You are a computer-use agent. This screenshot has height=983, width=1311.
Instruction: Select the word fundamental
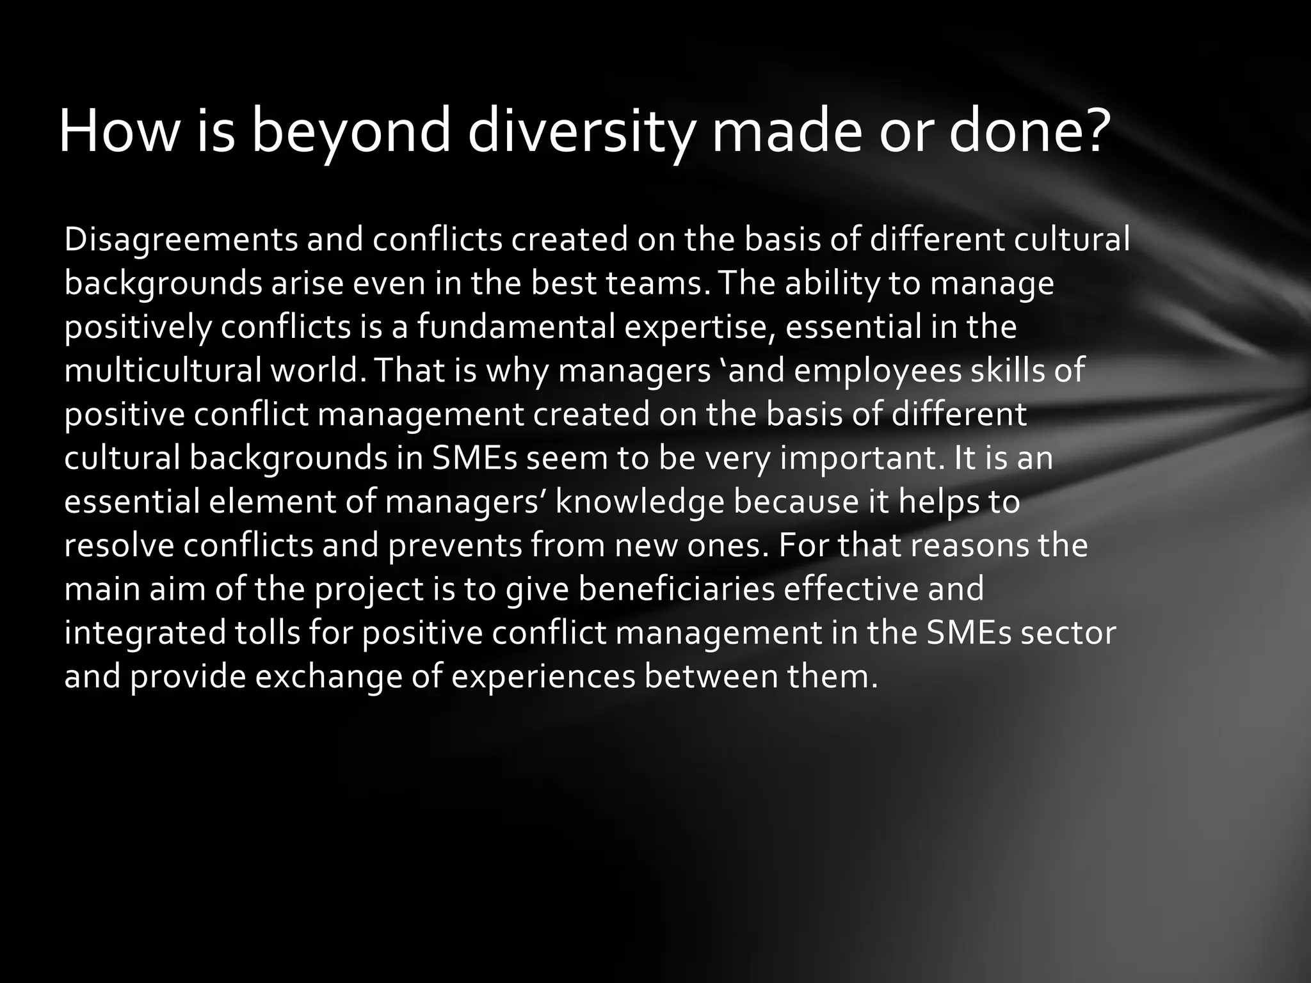[x=516, y=327]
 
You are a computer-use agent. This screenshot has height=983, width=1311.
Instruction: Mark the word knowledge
[x=639, y=502]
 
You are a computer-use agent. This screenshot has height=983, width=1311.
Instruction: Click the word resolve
[x=119, y=545]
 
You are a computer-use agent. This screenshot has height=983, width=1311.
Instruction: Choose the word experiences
[x=543, y=676]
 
